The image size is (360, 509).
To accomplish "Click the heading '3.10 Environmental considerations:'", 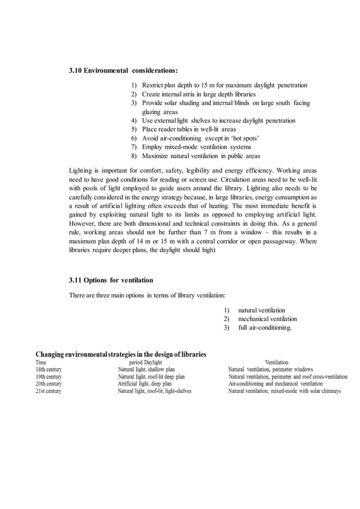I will tap(123, 71).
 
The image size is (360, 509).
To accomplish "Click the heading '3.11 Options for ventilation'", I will tap(111, 280).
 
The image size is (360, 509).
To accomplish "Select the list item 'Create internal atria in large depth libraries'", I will tap(199, 94).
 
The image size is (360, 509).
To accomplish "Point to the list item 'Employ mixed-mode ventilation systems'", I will tap(197, 147).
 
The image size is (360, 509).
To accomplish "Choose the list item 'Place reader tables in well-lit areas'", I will tap(189, 129).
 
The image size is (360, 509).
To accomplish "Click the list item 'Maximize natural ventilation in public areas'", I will tap(201, 156).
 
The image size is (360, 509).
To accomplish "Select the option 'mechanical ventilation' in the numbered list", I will tap(267, 319).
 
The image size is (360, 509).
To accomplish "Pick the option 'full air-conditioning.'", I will tap(265, 328).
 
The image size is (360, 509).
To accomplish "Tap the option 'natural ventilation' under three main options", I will tap(261, 310).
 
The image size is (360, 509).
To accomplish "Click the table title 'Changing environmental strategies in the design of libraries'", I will tap(121, 354).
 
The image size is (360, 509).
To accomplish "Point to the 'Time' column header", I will tap(42, 362).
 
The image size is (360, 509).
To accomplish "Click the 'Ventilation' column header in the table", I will tap(276, 362).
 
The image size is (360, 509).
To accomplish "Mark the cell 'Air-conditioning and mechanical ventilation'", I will tap(275, 384).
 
